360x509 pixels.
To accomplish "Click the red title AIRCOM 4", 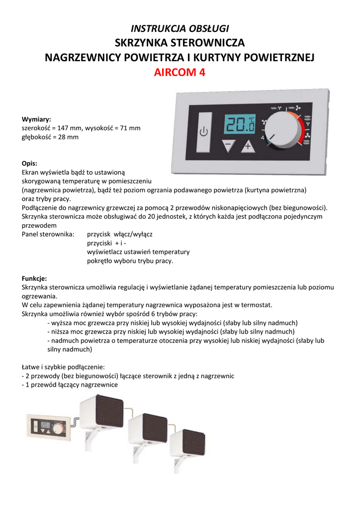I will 180,73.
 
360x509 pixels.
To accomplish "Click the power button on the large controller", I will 204,132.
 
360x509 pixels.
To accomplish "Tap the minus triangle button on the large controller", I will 229,146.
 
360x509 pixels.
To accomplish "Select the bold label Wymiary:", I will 36,119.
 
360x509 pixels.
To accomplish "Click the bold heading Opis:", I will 30,163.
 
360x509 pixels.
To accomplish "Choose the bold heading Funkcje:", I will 34,278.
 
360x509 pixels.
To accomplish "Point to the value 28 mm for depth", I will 68,137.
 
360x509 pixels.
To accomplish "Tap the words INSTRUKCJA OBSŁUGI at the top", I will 180,28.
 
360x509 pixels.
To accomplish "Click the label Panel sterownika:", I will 48,234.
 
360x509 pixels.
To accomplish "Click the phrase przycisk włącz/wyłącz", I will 119,234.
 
